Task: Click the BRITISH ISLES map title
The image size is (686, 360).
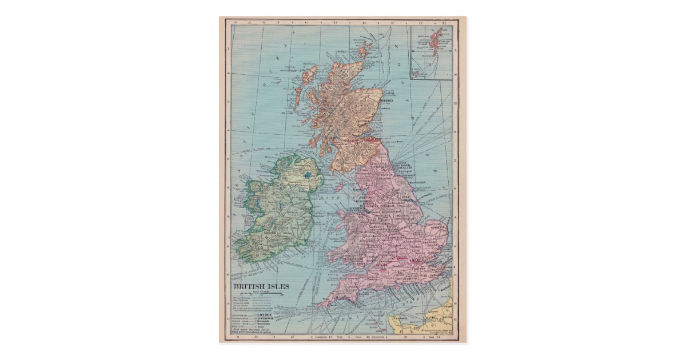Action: point(260,286)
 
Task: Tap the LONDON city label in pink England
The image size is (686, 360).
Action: point(416,260)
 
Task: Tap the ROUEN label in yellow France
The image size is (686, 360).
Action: point(447,318)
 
